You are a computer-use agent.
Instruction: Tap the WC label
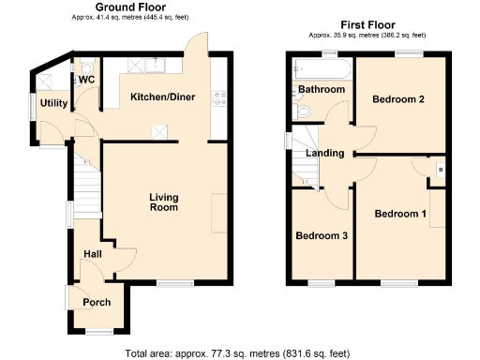(x=87, y=81)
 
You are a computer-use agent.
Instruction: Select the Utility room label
(x=52, y=102)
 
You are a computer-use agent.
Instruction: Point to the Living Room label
(x=164, y=202)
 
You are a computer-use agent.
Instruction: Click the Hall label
(x=92, y=254)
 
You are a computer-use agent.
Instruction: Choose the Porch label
(x=97, y=302)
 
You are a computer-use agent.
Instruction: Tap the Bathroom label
(x=322, y=90)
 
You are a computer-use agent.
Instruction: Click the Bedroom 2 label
(x=399, y=98)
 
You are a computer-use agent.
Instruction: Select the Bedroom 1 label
(x=400, y=214)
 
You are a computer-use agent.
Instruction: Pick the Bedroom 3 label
(x=322, y=236)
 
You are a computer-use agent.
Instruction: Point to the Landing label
(x=325, y=154)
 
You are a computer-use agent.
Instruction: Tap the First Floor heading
(x=367, y=24)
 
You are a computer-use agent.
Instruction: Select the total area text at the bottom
(x=238, y=353)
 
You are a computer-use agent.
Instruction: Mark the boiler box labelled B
(x=441, y=171)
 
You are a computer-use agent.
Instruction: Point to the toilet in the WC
(x=86, y=67)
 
